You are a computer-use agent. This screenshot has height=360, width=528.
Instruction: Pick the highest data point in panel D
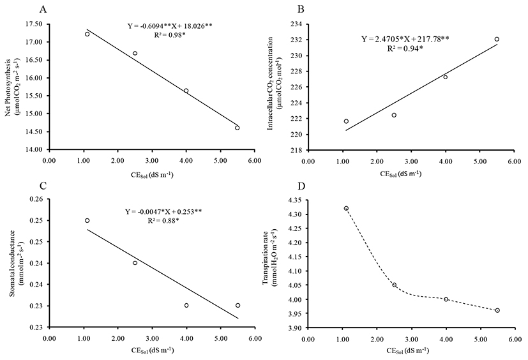pos(346,208)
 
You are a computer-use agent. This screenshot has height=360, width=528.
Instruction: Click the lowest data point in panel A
pos(237,128)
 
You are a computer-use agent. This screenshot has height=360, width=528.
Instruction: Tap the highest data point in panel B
pos(497,39)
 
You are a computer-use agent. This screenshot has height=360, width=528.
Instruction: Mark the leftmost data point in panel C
pos(87,220)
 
